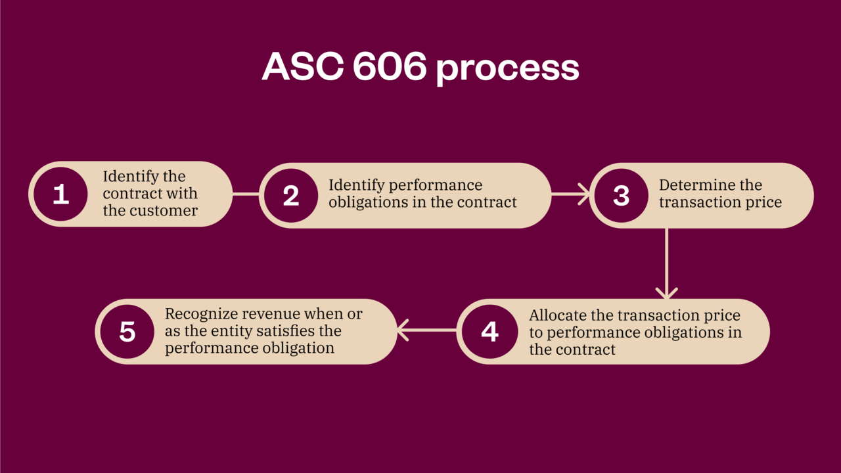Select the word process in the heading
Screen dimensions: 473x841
tap(508, 69)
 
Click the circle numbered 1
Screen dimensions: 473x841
tap(61, 194)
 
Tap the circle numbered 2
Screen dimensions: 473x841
tap(291, 196)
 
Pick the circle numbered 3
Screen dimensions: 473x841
tap(622, 196)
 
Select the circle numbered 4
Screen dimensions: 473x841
tap(489, 332)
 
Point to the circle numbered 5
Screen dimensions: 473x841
tap(127, 332)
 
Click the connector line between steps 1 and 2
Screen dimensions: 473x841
tap(246, 194)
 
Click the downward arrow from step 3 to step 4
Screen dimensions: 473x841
tap(666, 263)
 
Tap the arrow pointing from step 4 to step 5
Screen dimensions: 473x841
tap(427, 330)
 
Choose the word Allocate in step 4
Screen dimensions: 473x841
tap(556, 315)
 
